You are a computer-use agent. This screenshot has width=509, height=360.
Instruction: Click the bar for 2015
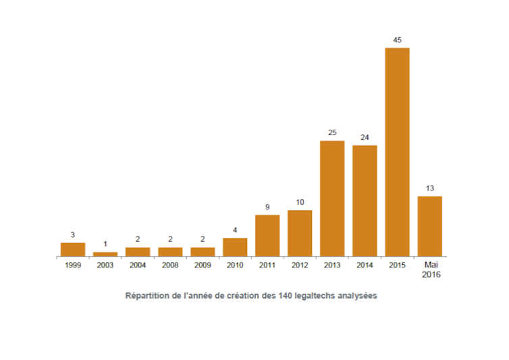point(397,152)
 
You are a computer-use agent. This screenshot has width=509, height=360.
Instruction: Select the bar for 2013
point(332,199)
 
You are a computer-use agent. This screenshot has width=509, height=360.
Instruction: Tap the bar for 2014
point(365,201)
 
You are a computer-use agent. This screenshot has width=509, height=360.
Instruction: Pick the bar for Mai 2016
point(429,226)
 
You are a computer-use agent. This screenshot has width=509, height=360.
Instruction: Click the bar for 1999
point(73,249)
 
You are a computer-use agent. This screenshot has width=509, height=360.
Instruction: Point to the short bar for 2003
point(105,254)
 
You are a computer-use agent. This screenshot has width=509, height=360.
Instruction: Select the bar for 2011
point(267,236)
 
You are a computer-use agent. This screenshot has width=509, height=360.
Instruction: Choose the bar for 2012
point(300,233)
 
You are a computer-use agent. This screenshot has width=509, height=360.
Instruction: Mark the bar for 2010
point(235,247)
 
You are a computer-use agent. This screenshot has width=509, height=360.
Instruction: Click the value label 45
point(397,40)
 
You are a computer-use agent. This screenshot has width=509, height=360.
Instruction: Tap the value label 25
point(332,133)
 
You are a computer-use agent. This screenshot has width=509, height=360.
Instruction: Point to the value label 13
point(429,188)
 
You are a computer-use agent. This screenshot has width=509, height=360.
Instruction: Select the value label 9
point(267,207)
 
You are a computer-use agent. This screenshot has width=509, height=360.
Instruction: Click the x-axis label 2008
point(170,265)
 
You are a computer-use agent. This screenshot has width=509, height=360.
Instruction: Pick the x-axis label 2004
point(138,265)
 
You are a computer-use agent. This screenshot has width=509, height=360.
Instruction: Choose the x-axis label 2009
point(203,265)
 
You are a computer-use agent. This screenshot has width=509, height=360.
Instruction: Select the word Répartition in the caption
point(146,296)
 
